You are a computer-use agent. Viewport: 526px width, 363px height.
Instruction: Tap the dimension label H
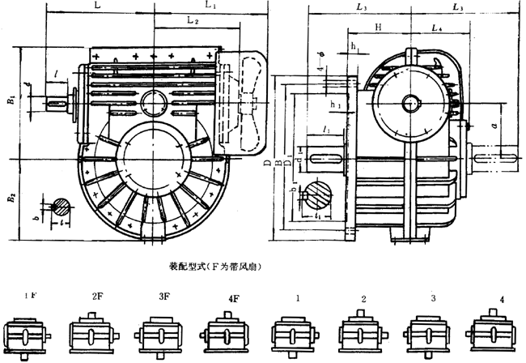tap(378, 28)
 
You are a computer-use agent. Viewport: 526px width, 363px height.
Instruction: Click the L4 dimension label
tap(437, 28)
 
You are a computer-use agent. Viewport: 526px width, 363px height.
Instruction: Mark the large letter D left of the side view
tap(265, 163)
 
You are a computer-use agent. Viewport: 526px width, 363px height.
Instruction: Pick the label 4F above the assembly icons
tap(233, 299)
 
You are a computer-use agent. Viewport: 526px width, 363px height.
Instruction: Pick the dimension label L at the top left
tap(98, 5)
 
